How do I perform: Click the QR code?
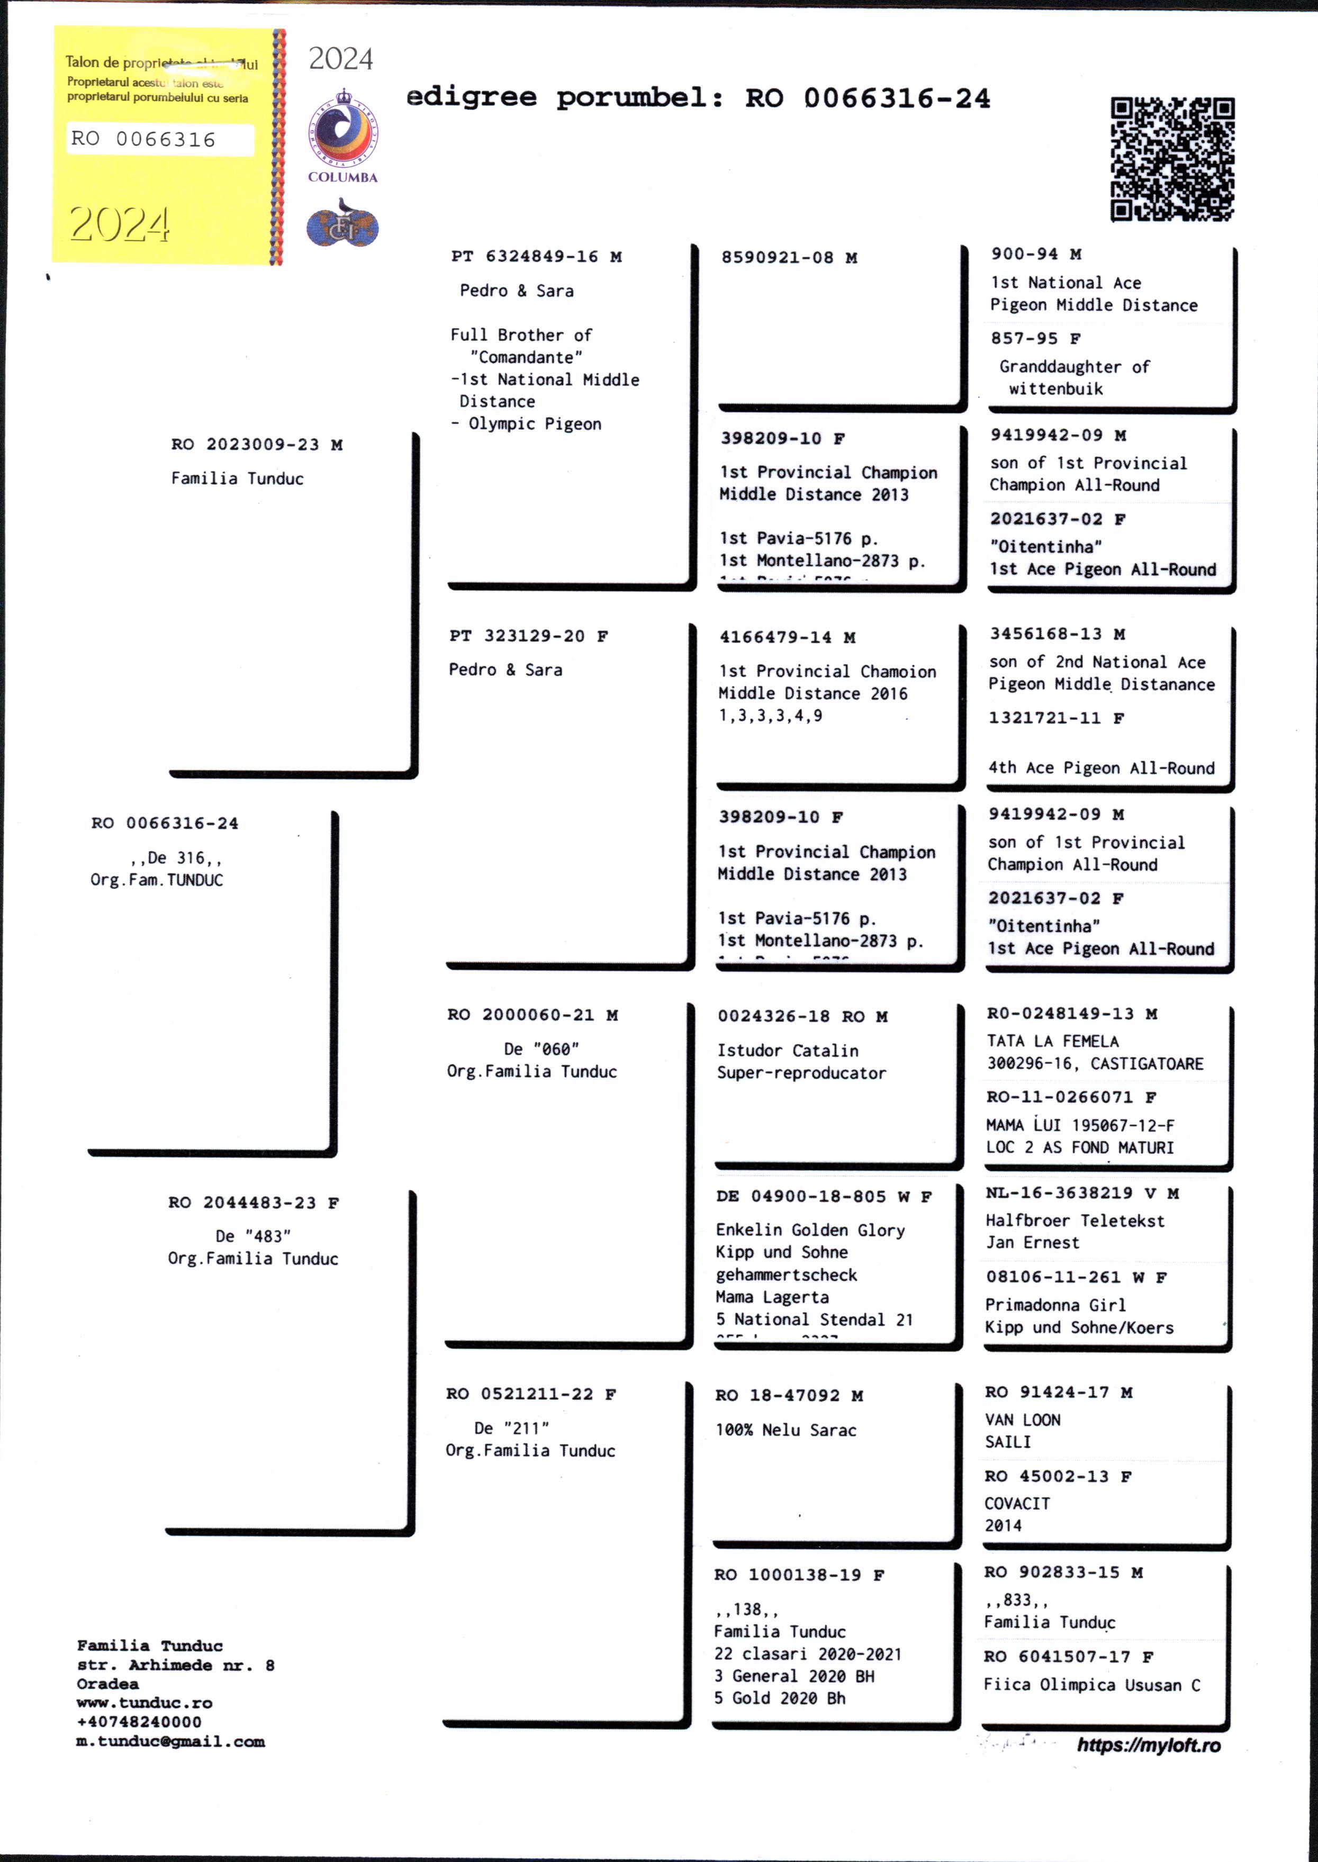(x=1172, y=159)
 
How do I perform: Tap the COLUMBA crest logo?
(x=342, y=134)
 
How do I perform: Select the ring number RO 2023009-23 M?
(x=257, y=445)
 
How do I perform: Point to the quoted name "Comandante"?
(x=526, y=357)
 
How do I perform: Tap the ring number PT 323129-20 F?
(x=528, y=636)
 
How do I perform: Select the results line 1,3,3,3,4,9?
(x=770, y=716)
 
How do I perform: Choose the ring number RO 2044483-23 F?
(x=253, y=1203)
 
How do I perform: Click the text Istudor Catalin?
(x=787, y=1051)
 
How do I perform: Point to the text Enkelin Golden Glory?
(x=810, y=1230)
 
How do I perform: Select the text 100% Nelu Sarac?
(x=785, y=1430)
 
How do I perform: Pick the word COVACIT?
(x=1017, y=1503)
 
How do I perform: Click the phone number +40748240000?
(x=139, y=1722)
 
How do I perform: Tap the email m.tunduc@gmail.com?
(x=170, y=1741)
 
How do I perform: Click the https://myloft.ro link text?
(x=1149, y=1745)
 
